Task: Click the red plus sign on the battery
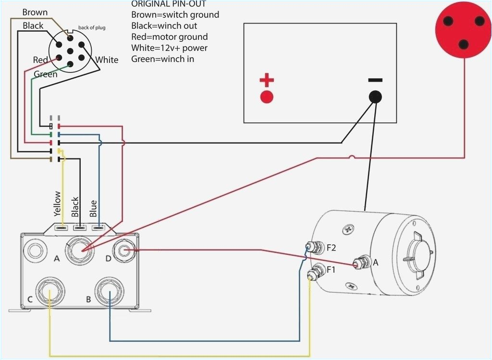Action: pos(267,80)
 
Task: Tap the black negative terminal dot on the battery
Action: pos(376,96)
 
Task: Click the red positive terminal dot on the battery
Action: pos(267,97)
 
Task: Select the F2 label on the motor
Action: pos(332,248)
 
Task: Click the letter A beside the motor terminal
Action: pos(376,263)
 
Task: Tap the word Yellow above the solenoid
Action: pos(58,204)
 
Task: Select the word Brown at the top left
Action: pos(35,12)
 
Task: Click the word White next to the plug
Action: pos(107,60)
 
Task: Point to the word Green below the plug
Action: pos(46,74)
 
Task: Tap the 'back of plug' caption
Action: pos(91,27)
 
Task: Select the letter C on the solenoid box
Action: pos(30,300)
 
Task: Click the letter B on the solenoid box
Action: pos(88,300)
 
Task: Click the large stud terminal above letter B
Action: pos(110,290)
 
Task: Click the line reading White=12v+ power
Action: pos(169,48)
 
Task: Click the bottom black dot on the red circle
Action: pos(463,44)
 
